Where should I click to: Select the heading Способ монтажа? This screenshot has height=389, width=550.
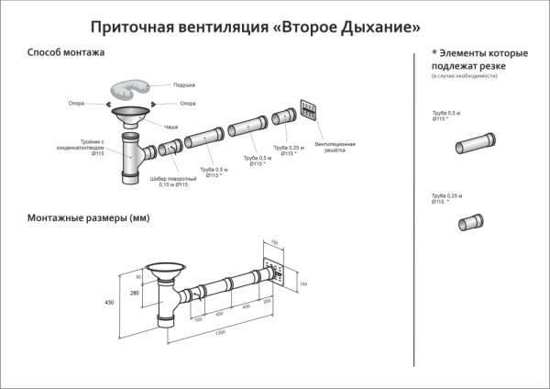tap(66, 53)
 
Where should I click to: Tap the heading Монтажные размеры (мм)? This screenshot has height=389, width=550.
tap(89, 218)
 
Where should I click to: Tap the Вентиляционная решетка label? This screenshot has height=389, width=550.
tap(335, 149)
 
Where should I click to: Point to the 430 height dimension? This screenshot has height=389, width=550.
tap(108, 302)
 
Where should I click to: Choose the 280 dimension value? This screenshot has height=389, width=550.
tap(134, 293)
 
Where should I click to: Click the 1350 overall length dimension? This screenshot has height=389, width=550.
tap(220, 332)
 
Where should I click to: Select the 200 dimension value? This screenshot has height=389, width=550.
tap(267, 300)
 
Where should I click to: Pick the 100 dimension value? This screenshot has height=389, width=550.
tap(197, 318)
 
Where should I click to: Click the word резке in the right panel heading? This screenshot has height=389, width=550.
tap(506, 67)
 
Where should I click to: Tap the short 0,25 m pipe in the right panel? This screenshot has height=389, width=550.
tap(474, 223)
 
